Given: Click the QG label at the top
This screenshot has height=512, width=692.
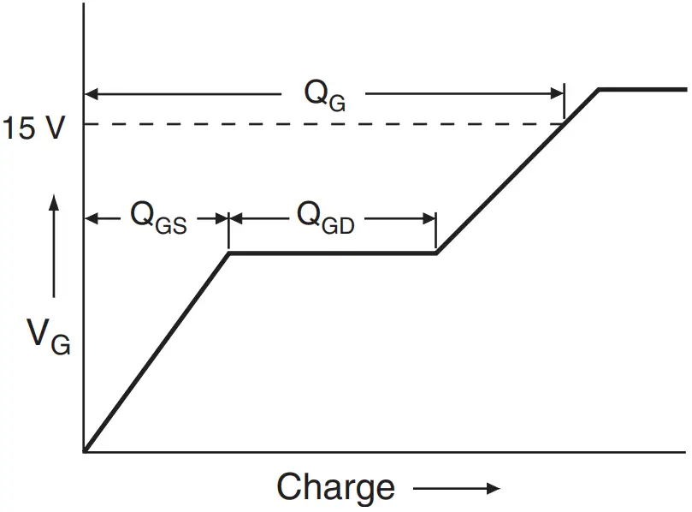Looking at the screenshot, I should click(x=325, y=93).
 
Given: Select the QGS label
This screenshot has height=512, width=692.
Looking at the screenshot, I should click(x=158, y=217).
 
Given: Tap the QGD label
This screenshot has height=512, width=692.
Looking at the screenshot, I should click(x=326, y=217).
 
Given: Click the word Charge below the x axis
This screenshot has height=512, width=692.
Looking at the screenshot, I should click(x=336, y=487).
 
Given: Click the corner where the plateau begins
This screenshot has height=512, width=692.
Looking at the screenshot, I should click(x=228, y=253).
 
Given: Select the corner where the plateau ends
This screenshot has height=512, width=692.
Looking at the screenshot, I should click(x=436, y=253).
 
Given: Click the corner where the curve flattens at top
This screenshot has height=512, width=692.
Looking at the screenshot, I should click(x=599, y=89).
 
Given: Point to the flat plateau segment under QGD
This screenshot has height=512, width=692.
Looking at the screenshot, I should click(x=334, y=253).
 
